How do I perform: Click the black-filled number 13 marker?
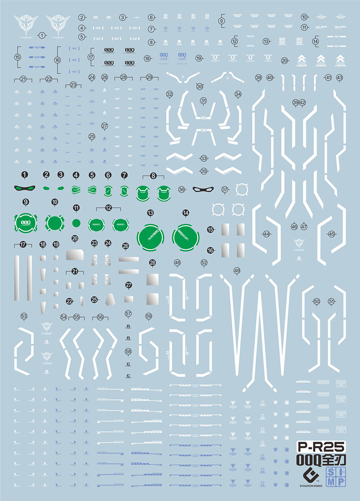point(151,213)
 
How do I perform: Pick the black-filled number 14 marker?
point(186,212)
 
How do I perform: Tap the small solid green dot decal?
point(76,222)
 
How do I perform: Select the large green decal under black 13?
point(151,236)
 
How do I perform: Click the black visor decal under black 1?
point(24,188)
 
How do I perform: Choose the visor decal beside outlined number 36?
point(202,189)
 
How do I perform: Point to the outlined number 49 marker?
point(237,271)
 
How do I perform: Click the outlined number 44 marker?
point(266,234)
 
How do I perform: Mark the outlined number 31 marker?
point(204,101)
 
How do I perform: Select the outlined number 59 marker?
point(148,316)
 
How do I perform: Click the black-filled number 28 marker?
point(153,263)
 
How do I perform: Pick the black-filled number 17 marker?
point(23,244)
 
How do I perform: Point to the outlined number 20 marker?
point(285,61)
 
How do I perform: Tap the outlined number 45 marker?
point(331,234)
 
